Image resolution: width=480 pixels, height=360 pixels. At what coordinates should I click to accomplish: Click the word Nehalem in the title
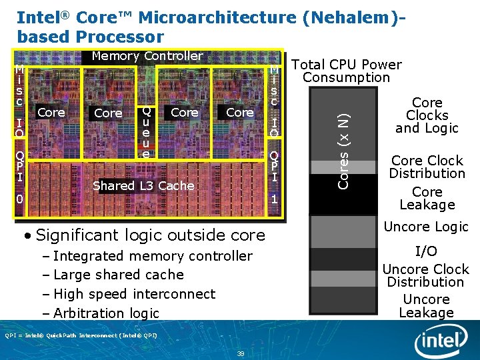click(x=347, y=17)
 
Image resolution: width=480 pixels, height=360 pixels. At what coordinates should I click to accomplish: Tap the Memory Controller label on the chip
click(x=147, y=56)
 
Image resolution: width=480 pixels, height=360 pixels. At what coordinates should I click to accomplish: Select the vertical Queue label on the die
click(x=146, y=133)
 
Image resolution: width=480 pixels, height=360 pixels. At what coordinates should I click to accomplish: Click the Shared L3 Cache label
click(x=143, y=185)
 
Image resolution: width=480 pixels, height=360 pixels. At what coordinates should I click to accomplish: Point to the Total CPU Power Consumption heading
click(x=347, y=71)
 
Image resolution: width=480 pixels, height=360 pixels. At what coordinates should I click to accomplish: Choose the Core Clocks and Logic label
click(x=427, y=115)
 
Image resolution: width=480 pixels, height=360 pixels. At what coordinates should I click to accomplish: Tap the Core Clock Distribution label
click(x=427, y=167)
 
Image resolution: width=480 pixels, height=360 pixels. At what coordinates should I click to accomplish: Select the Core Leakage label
click(x=427, y=198)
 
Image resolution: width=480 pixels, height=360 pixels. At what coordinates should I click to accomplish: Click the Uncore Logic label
click(x=426, y=227)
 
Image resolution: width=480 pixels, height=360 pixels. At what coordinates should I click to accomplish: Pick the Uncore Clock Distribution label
click(x=425, y=275)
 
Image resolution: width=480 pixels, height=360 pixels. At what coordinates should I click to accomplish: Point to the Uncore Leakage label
click(x=426, y=306)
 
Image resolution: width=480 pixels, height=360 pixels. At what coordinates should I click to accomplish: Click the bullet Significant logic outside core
click(x=150, y=235)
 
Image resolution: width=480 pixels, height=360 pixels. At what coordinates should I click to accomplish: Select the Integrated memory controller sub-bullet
click(x=153, y=256)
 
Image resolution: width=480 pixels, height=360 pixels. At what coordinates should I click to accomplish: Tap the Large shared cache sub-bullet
click(x=118, y=275)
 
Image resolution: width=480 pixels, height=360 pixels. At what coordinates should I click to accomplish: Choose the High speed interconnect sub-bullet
click(x=134, y=294)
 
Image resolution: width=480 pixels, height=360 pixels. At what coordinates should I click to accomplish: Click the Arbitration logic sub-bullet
click(x=106, y=313)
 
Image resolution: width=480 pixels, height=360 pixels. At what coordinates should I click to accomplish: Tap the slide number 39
click(x=240, y=353)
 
